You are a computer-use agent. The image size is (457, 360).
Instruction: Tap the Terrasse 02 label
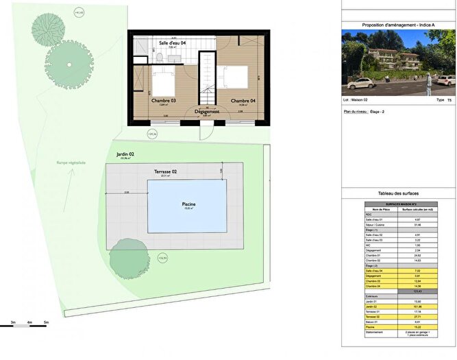point(164,170)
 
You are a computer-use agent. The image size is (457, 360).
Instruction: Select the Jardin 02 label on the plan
point(125,155)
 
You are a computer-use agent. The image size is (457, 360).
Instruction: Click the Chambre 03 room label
point(164,101)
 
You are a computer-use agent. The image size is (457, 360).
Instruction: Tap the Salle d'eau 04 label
point(173,43)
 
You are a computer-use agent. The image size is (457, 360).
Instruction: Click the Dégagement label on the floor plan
point(206,111)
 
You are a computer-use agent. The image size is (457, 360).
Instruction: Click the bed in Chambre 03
point(164,83)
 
